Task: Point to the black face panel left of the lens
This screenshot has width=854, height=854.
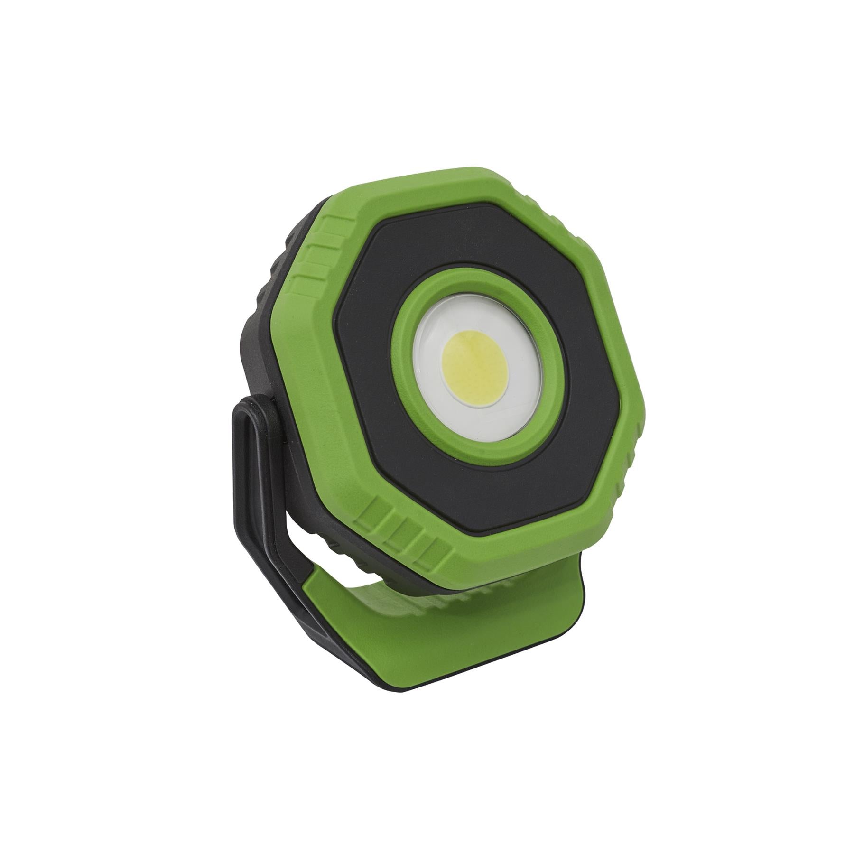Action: pyautogui.click(x=365, y=375)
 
